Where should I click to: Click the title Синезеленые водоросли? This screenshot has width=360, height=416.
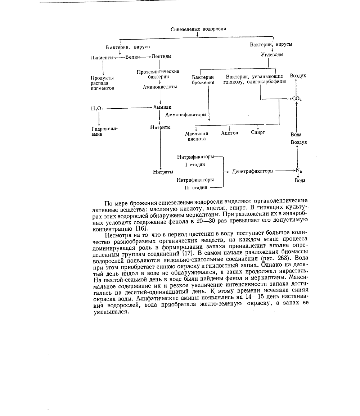tap(198, 29)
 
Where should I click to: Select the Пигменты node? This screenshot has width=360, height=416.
tap(102, 57)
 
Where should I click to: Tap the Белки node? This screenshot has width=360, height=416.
tap(132, 57)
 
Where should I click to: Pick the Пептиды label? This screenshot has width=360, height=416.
tap(161, 56)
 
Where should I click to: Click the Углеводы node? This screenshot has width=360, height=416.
tap(272, 55)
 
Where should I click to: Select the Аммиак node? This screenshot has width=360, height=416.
tap(162, 107)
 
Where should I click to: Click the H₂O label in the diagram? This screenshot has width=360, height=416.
tap(96, 108)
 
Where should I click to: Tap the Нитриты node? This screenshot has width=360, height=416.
tap(161, 127)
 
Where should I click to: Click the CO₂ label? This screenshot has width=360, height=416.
tap(297, 99)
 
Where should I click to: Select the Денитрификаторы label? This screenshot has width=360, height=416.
tap(252, 171)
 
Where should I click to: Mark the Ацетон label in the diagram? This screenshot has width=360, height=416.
tap(230, 133)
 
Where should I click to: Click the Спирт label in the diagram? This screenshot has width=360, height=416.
tap(258, 132)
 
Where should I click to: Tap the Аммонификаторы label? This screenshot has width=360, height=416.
tap(186, 115)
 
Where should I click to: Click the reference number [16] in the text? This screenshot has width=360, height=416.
tap(143, 229)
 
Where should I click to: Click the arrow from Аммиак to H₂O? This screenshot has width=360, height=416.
tap(126, 108)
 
